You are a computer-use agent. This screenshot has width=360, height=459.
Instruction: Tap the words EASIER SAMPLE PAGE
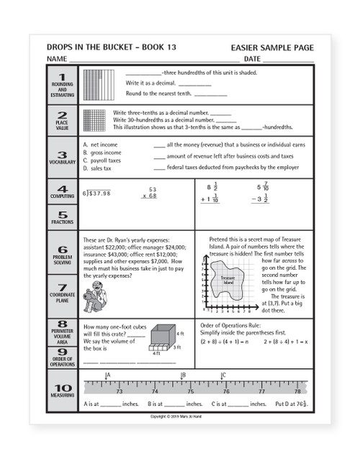pos(273,47)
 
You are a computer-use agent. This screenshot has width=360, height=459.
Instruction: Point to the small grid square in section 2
pos(95,119)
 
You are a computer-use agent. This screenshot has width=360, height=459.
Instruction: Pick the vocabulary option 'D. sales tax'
pos(97,168)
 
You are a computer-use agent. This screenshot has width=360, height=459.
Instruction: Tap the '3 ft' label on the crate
pos(177,347)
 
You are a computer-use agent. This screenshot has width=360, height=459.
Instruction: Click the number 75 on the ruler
pos(189,392)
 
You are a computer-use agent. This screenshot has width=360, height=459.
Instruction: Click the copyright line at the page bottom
pos(181,417)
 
